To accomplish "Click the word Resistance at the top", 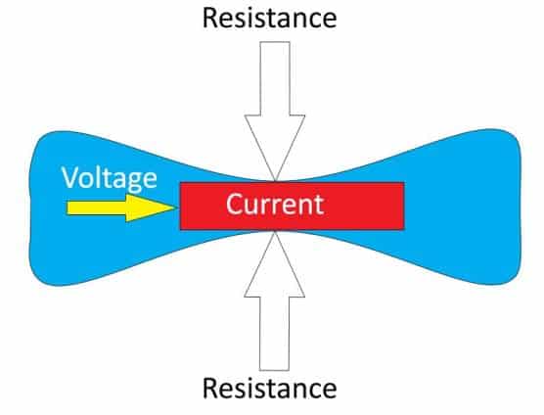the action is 270,18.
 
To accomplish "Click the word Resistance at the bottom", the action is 270,389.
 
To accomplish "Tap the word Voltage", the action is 110,179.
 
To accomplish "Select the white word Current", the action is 275,204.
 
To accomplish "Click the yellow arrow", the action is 122,207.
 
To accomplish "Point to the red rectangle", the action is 293,206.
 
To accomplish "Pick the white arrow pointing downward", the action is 275,111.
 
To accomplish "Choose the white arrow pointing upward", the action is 274,301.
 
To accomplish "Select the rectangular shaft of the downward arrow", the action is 275,78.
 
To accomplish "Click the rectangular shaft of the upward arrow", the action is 274,334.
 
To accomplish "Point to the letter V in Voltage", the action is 70,177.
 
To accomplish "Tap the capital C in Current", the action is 234,204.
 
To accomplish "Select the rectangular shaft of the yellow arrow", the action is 97,207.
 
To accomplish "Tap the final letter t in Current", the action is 319,206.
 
